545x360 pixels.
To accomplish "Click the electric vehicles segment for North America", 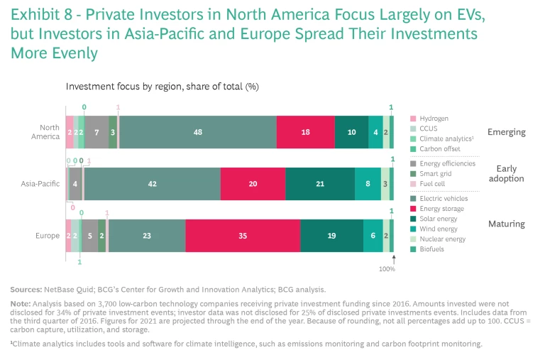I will (197, 132).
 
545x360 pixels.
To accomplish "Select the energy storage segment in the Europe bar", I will (243, 236).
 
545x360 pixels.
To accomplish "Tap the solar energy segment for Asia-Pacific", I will (320, 184).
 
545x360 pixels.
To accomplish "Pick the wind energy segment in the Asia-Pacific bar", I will (368, 184).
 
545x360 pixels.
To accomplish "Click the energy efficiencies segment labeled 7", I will (97, 132).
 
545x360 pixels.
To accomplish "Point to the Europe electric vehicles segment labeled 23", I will (147, 236).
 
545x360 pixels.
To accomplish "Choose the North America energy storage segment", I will (305, 132).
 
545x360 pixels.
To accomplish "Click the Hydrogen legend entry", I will (433, 119).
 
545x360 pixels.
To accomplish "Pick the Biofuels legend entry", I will (431, 249).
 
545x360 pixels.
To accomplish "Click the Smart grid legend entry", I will (434, 174).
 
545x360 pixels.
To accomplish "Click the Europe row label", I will (48, 236).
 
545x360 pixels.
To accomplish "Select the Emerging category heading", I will (506, 132).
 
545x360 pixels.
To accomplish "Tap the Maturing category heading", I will (506, 224).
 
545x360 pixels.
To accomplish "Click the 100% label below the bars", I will (387, 270).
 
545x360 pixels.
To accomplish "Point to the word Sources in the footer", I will (26, 290).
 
